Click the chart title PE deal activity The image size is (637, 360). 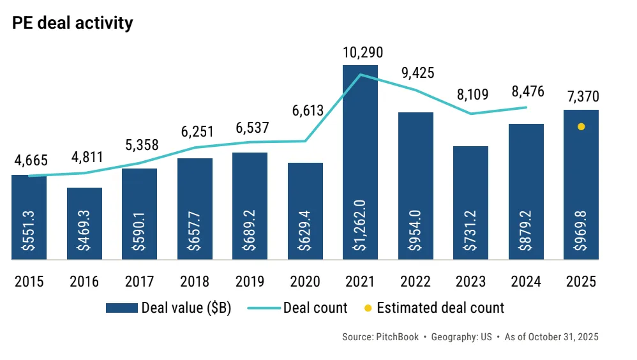click(72, 24)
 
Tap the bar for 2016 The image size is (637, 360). click(84, 223)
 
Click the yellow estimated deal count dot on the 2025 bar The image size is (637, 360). click(581, 126)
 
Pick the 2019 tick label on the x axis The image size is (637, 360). click(250, 281)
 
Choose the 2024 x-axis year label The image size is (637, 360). click(526, 281)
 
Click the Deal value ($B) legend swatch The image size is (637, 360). click(122, 308)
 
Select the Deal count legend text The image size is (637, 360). click(315, 308)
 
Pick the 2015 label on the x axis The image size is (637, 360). click(29, 281)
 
